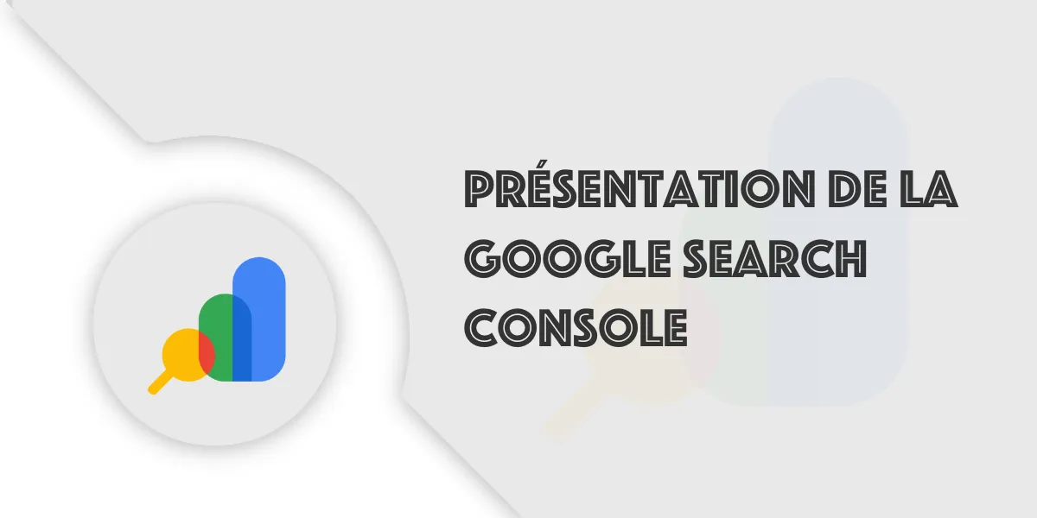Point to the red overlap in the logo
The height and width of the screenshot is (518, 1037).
[207, 353]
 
